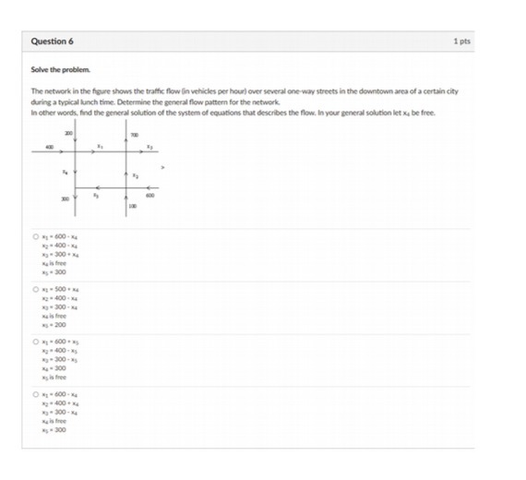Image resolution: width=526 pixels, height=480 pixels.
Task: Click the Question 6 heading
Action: click(x=52, y=42)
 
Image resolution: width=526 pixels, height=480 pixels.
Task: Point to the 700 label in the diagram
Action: click(x=134, y=135)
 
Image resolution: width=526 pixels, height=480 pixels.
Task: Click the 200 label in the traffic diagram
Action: click(x=69, y=135)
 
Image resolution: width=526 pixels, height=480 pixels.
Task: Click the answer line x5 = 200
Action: click(x=54, y=326)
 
